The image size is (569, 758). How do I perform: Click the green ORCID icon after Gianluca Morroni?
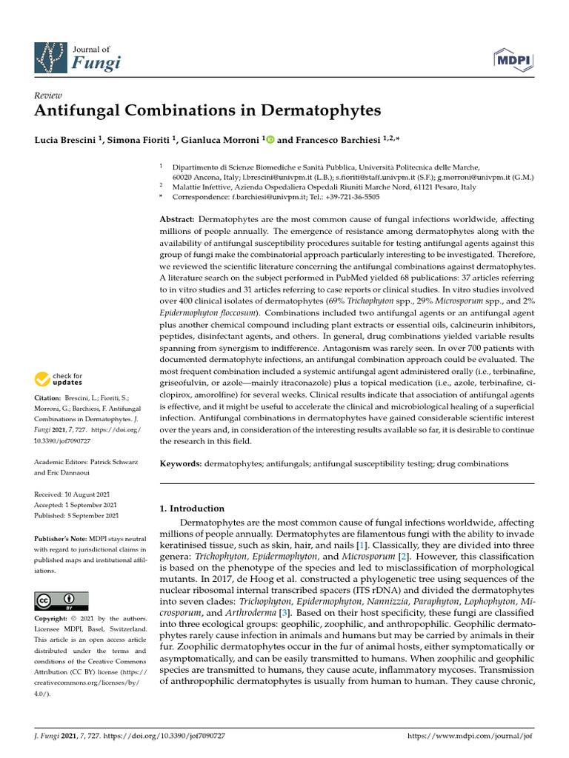pyautogui.click(x=270, y=139)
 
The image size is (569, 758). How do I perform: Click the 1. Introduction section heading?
pyautogui.click(x=192, y=509)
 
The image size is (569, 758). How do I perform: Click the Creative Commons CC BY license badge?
pyautogui.click(x=61, y=600)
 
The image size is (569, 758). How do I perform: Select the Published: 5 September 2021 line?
pyautogui.click(x=76, y=515)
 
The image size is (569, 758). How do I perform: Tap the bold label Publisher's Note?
pyautogui.click(x=60, y=538)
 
